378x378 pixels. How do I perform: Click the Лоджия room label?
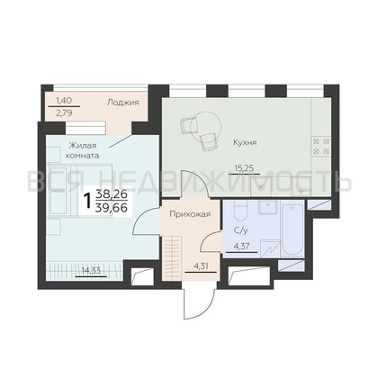click(x=123, y=103)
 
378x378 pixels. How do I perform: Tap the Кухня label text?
click(x=245, y=142)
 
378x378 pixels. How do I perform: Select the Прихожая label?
click(x=190, y=214)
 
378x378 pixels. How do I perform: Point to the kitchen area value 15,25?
click(x=244, y=168)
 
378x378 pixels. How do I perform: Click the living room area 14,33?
click(x=91, y=271)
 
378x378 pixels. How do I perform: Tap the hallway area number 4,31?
click(x=201, y=266)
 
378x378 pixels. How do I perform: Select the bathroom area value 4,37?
click(x=241, y=247)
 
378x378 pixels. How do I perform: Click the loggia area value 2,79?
click(x=64, y=113)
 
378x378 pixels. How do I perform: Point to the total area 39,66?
click(x=111, y=207)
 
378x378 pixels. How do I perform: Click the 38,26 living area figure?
click(x=112, y=194)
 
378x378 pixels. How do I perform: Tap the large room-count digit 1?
click(x=87, y=201)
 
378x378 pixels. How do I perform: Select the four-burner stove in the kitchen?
click(x=320, y=146)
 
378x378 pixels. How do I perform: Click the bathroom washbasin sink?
click(x=268, y=207)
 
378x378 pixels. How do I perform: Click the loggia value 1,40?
click(x=64, y=101)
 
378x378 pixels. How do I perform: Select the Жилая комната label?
click(x=83, y=151)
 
